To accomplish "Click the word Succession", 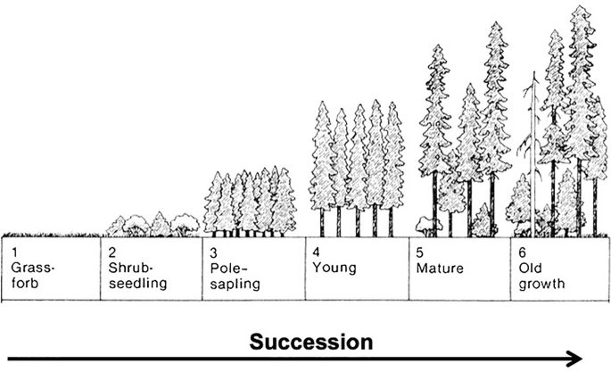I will [310, 342].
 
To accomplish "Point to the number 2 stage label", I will [111, 252].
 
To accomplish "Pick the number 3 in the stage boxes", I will [214, 252].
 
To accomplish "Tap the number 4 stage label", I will [316, 252].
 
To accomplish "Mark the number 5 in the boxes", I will [418, 252].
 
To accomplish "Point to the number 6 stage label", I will [522, 252].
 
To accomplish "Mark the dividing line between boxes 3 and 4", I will [306, 268].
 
